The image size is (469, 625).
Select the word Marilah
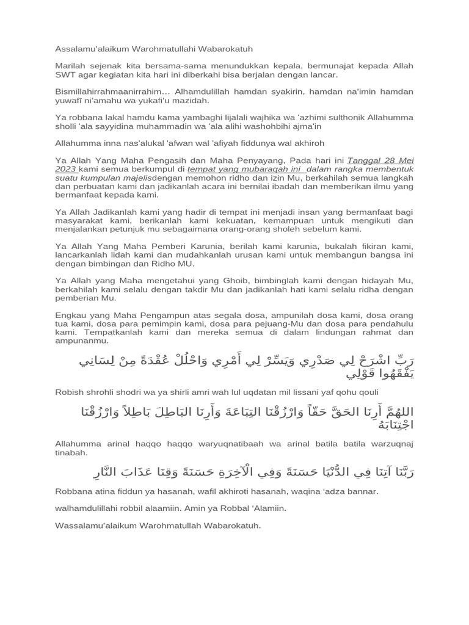coord(70,66)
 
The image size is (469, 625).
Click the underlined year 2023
coord(65,169)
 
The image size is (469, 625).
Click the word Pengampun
coord(151,315)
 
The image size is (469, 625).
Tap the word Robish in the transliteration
coord(68,392)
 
